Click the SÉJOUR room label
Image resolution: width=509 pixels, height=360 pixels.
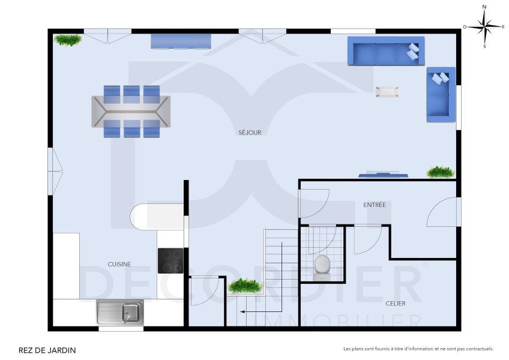tap(249, 133)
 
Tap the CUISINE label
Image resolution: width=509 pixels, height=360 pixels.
tap(119, 264)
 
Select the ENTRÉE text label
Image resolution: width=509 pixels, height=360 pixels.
tap(375, 205)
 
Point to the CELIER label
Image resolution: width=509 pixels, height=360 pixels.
tap(395, 304)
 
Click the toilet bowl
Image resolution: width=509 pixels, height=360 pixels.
tap(322, 266)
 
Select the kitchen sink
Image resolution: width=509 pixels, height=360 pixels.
tap(120, 312)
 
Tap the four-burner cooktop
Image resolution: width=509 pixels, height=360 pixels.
tap(170, 260)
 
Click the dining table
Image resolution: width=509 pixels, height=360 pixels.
tap(131, 111)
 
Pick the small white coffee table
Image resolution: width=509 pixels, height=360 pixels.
tap(387, 92)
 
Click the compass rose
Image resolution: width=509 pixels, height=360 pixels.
tap(484, 26)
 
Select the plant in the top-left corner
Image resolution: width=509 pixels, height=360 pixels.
tap(68, 40)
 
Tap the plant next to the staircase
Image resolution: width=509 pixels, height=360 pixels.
tap(245, 286)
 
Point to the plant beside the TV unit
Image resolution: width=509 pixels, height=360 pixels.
tap(441, 172)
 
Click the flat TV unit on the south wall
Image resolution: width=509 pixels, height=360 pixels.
tap(383, 175)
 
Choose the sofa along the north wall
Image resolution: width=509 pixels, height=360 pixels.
tap(385, 51)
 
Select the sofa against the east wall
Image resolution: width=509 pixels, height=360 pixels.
tap(441, 94)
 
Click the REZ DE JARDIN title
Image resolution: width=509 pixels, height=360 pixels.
tap(47, 350)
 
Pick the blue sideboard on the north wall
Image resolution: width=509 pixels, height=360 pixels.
tap(181, 41)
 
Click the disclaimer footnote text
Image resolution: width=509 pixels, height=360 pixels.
tap(418, 349)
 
